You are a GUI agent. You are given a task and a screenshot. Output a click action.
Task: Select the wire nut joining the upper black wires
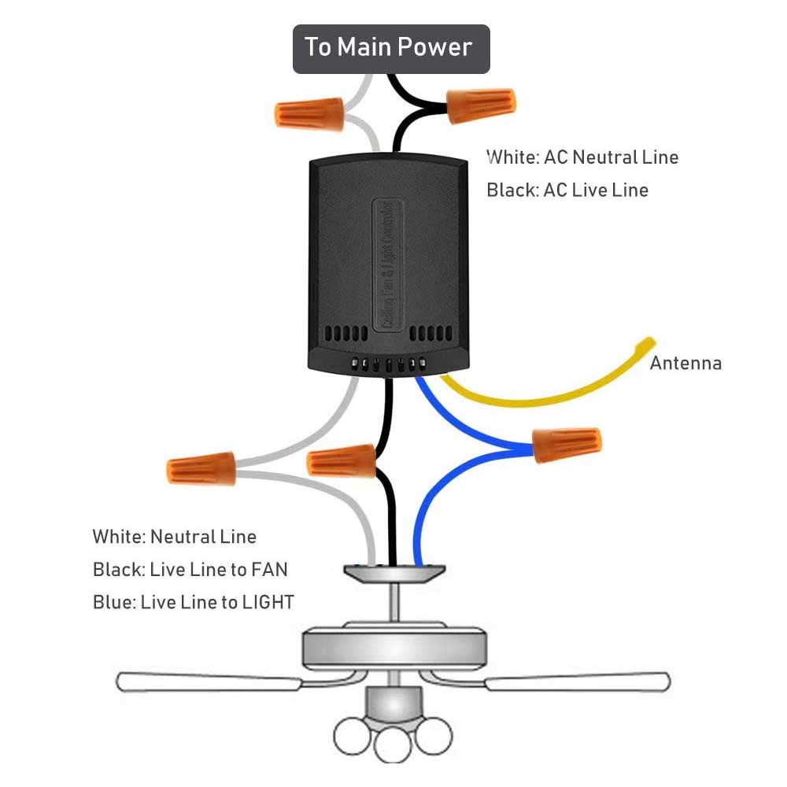[482, 105]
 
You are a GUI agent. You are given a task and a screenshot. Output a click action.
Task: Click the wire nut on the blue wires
[567, 446]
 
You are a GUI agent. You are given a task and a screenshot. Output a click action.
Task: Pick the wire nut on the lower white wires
[201, 469]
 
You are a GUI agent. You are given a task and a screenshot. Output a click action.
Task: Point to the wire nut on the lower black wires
[342, 460]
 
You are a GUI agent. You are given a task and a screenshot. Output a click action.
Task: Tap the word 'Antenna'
[685, 363]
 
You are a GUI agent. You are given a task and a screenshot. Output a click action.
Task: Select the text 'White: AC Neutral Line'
[582, 157]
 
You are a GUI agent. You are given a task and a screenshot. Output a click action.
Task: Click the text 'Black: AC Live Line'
[567, 190]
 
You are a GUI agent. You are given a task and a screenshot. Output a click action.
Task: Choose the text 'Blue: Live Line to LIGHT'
[193, 603]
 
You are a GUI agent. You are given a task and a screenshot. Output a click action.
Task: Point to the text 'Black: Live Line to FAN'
[195, 570]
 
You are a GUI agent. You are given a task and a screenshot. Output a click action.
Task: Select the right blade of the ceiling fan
[578, 681]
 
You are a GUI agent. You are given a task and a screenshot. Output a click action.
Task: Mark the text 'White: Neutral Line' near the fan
[174, 537]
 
